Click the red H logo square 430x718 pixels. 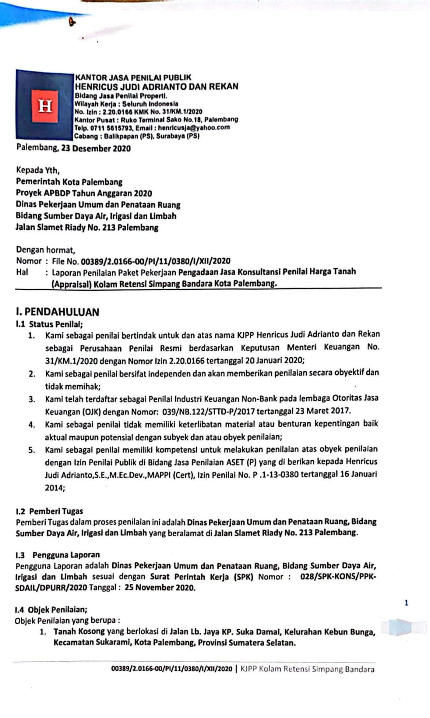(45, 106)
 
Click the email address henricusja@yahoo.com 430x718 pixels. (193, 128)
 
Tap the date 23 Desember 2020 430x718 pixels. (96, 149)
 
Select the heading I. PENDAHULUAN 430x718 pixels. (57, 312)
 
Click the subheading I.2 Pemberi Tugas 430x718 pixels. (49, 511)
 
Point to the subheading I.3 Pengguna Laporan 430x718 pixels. (57, 555)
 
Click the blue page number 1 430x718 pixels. (406, 603)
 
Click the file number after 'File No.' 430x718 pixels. (155, 261)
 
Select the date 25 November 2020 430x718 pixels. (160, 588)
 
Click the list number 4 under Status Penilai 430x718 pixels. (31, 425)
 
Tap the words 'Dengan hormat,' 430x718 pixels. (45, 250)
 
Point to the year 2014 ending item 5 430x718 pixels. (54, 488)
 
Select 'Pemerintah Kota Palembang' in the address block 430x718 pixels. (69, 182)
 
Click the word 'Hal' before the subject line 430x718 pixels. (22, 272)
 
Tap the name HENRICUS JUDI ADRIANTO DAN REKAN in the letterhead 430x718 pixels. (156, 87)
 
